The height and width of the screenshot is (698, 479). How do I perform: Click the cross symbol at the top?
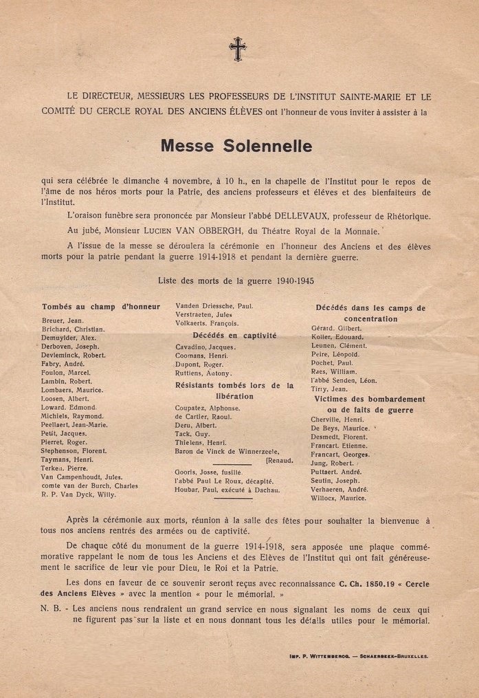point(238,49)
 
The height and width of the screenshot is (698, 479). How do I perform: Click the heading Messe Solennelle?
point(236,146)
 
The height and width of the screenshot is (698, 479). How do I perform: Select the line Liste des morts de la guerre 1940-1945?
point(236,281)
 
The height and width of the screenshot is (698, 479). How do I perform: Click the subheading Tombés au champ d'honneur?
point(101,307)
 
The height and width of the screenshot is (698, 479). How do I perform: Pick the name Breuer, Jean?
point(63,320)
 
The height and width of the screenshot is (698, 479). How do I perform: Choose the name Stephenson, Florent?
point(74,450)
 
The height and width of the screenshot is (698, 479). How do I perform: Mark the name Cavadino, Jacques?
point(205,347)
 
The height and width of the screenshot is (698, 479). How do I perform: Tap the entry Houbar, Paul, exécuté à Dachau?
point(227,490)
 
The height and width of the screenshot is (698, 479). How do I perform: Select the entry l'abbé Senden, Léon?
point(344,380)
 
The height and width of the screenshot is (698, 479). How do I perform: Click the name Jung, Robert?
point(332,463)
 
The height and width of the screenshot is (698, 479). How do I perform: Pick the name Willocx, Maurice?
point(339,497)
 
